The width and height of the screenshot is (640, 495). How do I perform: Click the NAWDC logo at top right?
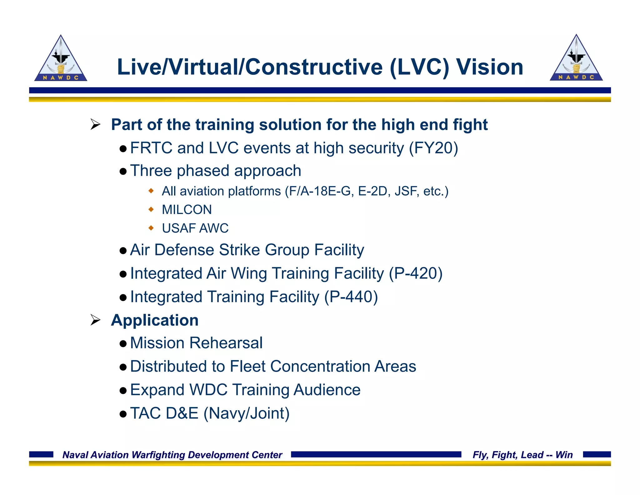[x=576, y=59]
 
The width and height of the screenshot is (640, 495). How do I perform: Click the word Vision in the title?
[x=489, y=67]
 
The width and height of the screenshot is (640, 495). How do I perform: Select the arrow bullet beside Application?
[x=95, y=320]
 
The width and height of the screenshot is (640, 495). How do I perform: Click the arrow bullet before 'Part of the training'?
[x=95, y=125]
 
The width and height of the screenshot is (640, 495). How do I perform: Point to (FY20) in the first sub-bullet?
[x=433, y=148]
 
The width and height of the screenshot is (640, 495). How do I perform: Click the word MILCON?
[x=187, y=210]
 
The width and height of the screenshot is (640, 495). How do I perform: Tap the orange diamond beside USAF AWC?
[x=151, y=228]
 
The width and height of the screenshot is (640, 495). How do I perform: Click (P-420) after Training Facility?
[x=415, y=273]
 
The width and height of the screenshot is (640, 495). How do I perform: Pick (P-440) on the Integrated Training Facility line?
[x=351, y=297]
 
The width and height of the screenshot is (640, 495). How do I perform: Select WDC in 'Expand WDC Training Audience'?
[x=208, y=390]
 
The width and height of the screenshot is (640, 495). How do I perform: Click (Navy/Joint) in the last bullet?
[x=247, y=413]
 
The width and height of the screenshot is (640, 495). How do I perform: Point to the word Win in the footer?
[x=564, y=455]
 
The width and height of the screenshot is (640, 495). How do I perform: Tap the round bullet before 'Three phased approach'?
[x=123, y=171]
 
